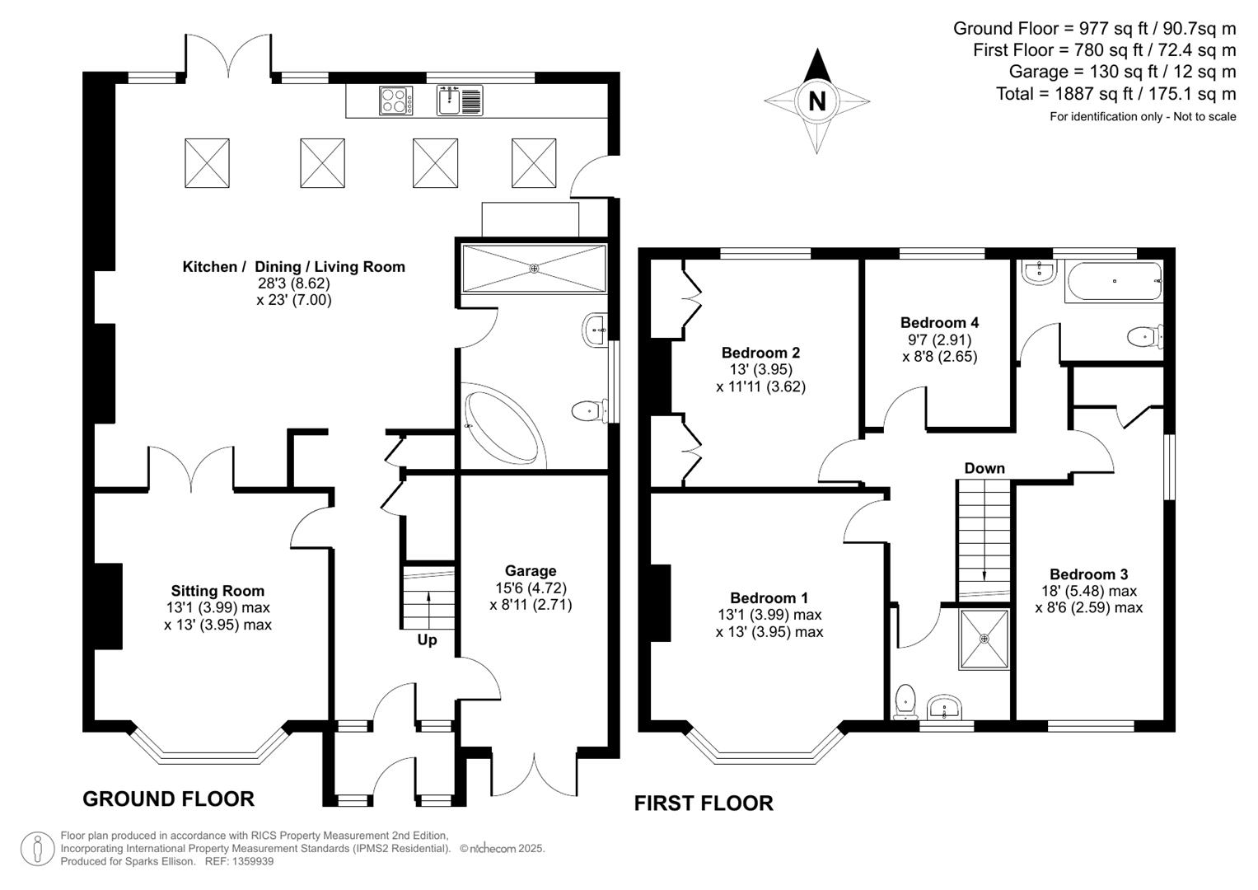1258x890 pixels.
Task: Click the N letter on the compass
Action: point(817,101)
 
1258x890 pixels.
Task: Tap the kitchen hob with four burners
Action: point(396,101)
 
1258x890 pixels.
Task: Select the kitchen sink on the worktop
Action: point(460,101)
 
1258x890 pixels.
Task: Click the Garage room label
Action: point(531,571)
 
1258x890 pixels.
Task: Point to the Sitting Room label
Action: point(217,591)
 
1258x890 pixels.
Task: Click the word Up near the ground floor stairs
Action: point(427,640)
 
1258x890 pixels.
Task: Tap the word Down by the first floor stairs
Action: point(984,468)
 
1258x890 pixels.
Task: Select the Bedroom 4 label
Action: point(939,322)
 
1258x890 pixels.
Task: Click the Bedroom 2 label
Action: point(761,353)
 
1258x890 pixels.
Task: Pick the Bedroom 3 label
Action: point(1089,574)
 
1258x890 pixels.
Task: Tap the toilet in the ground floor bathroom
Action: point(589,411)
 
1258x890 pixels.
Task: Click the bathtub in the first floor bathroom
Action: point(1114,282)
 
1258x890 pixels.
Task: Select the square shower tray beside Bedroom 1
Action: point(984,639)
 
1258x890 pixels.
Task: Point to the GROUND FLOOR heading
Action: point(169,799)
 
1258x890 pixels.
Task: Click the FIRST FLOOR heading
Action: point(704,803)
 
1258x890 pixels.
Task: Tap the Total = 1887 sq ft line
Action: point(1116,94)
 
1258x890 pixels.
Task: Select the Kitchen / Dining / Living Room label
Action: point(294,267)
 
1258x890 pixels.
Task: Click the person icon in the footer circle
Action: point(38,849)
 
